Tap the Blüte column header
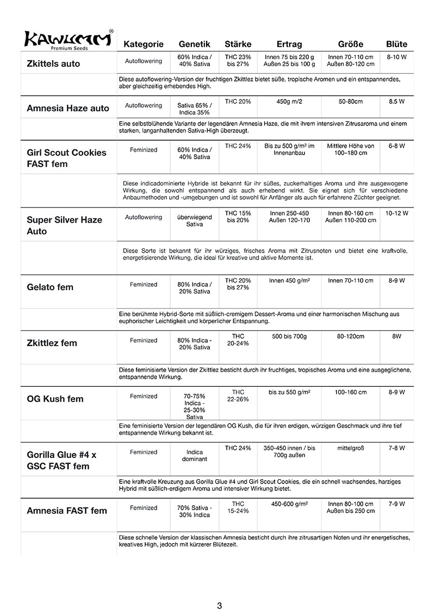pos(396,44)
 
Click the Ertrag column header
pos(289,44)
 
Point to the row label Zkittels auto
pos(53,64)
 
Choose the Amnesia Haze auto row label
pos(68,108)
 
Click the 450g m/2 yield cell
pos(289,102)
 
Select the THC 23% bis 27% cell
pos(238,60)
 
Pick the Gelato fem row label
pos(50,287)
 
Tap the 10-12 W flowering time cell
pos(397,214)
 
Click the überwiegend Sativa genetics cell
pos(195,220)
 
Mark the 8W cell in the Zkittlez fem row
pos(397,337)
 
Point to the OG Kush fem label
pos(55,399)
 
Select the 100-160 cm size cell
pos(351,392)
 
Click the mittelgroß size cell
pos(351,448)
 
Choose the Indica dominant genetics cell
pos(195,455)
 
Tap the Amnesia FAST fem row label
pos(67,511)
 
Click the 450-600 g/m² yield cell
pos(289,504)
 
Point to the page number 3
pos(219,605)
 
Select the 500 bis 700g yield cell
pos(289,337)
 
